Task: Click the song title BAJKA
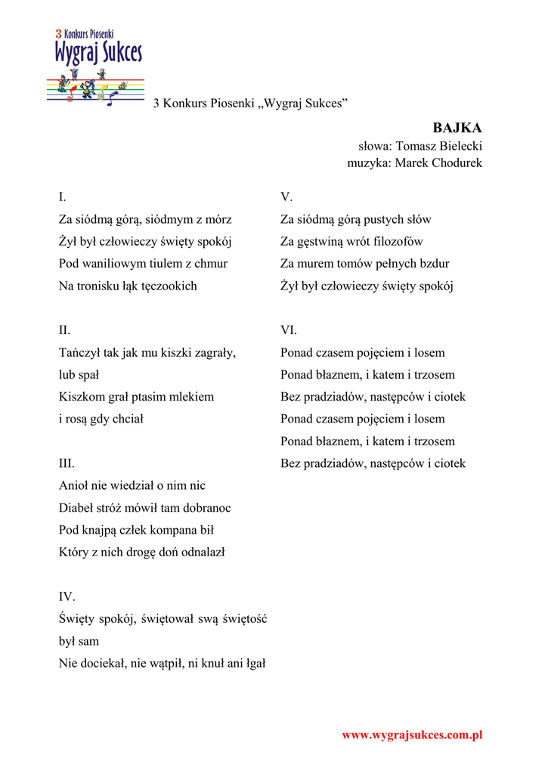pos(457,128)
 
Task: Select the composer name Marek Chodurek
pos(438,163)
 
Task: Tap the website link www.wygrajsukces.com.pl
pos(412,735)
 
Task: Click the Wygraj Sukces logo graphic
pos(96,67)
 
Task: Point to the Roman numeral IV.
pos(67,596)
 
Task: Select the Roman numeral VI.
pos(289,330)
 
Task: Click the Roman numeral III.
pos(67,463)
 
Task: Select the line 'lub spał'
pos(79,374)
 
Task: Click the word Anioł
pos(74,485)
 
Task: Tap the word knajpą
pos(101,530)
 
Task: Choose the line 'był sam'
pos(79,641)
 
